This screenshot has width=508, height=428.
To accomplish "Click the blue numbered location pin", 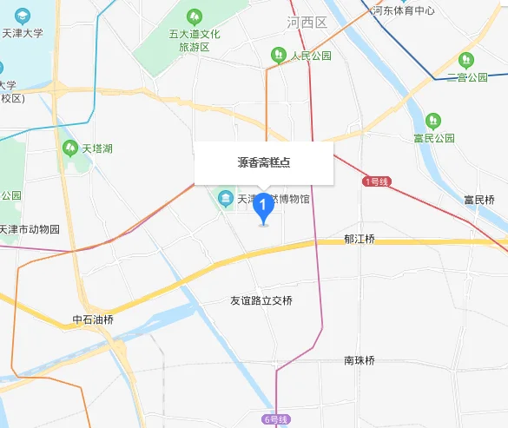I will (x=263, y=207).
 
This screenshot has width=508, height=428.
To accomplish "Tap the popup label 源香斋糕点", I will (x=263, y=162).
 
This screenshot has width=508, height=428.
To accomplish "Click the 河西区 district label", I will (x=307, y=23).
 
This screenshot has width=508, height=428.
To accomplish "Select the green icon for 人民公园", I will (x=278, y=56).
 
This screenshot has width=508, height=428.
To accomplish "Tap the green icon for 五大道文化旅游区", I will (x=194, y=16).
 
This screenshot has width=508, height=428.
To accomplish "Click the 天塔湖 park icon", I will (x=70, y=148).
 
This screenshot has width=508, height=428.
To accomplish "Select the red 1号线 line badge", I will (x=377, y=181).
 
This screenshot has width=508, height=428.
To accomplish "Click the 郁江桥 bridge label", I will (x=359, y=239).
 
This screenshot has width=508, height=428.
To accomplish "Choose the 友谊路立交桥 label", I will (x=261, y=300).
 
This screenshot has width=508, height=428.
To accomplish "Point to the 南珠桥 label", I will (x=359, y=360).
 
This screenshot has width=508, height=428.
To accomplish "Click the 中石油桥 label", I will (x=93, y=319).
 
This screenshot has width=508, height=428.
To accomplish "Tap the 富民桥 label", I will (x=479, y=200).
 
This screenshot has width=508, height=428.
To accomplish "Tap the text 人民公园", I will (x=312, y=56).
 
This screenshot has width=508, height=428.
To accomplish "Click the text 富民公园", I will (x=434, y=137).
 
